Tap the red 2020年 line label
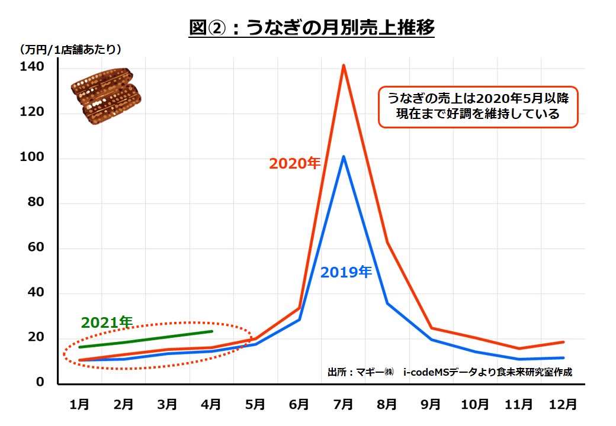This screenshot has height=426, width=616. point(294,164)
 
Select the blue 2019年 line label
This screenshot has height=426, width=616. point(346,272)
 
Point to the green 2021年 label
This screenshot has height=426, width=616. point(107,322)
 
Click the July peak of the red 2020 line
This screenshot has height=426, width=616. point(344,65)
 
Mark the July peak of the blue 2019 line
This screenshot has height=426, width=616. point(344,156)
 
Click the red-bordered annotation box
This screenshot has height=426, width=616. point(477,106)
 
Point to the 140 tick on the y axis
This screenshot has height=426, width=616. point(32,67)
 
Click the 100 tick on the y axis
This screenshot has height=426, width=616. point(32,158)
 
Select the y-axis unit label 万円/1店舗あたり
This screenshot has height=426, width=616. point(71,49)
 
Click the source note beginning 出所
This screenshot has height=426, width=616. point(450,372)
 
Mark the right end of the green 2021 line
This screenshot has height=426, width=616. point(211,331)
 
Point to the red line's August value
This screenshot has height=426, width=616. point(387,242)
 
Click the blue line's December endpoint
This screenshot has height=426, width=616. point(563,357)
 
